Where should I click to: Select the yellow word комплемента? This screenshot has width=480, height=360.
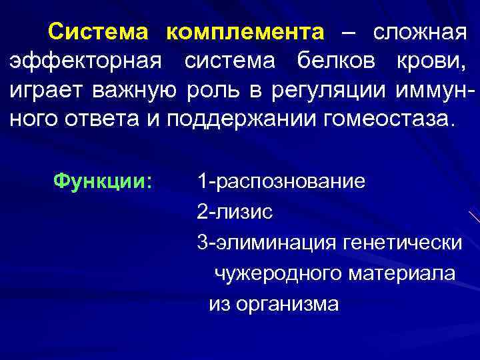(245, 32)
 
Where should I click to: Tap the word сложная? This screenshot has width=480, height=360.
(419, 31)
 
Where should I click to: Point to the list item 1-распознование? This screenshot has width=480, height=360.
(281, 181)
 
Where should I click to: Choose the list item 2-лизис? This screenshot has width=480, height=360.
(235, 212)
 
